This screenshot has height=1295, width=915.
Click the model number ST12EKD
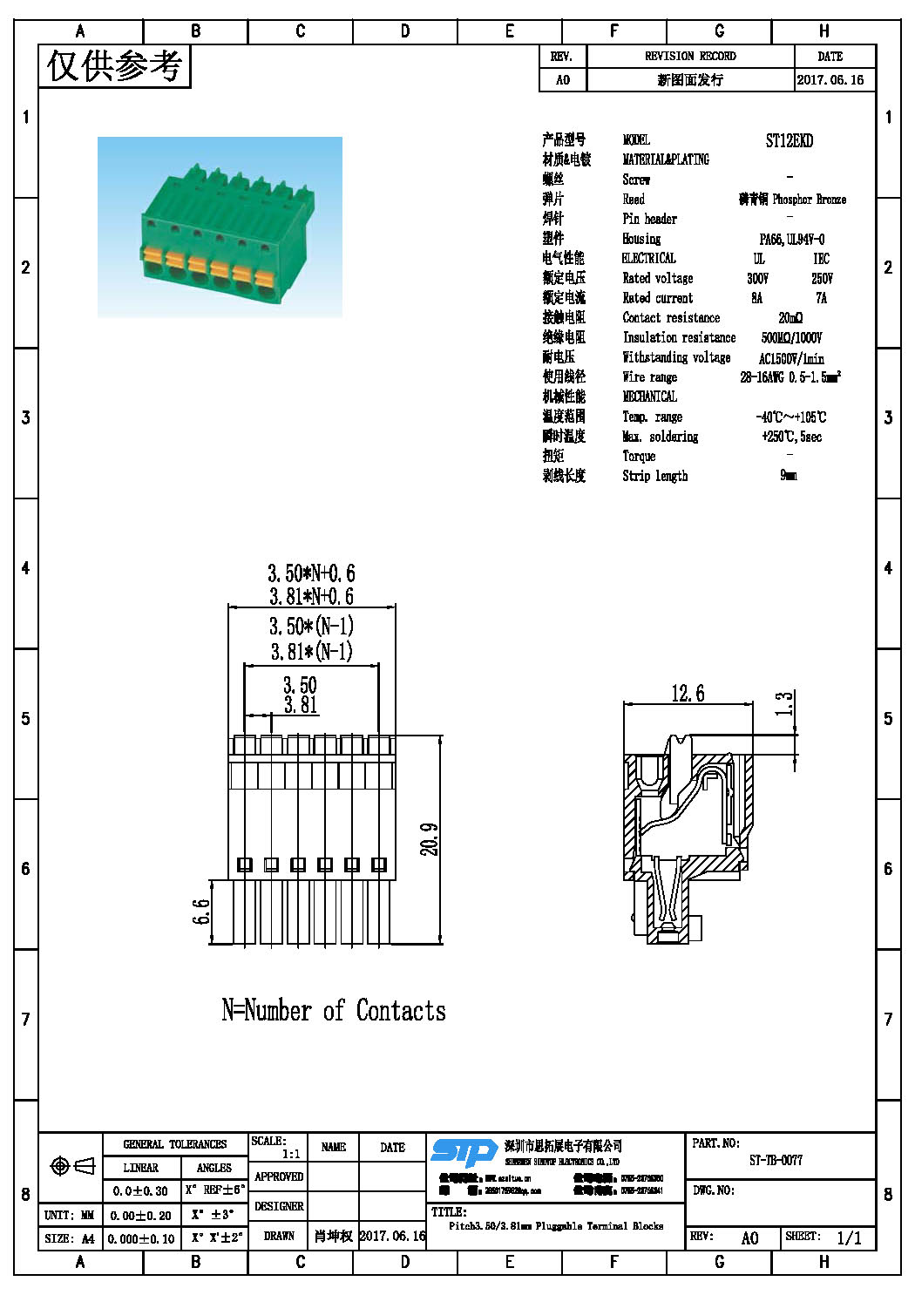(x=789, y=140)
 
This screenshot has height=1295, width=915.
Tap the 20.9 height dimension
(x=430, y=839)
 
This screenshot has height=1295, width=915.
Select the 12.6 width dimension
(x=688, y=694)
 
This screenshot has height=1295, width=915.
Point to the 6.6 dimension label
(x=201, y=912)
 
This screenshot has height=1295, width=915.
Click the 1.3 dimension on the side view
(x=784, y=703)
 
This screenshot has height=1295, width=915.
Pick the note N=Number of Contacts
(x=334, y=1011)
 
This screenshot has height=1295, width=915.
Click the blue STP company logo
(x=464, y=1153)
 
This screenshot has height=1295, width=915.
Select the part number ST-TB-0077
(x=776, y=1161)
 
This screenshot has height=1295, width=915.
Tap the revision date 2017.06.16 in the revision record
(x=830, y=79)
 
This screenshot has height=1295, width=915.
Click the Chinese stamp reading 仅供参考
(x=114, y=66)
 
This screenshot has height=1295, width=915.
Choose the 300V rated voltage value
(x=757, y=278)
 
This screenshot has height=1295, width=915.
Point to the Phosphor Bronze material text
(x=809, y=200)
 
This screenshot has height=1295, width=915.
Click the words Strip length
(x=654, y=476)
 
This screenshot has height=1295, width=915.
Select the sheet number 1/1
(x=849, y=1237)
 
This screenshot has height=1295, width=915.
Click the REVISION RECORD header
(x=690, y=56)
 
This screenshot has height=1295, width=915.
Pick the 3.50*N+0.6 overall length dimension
(x=311, y=573)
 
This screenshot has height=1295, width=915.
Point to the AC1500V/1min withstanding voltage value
(x=790, y=358)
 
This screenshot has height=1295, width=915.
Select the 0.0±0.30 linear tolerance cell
(x=140, y=1190)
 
